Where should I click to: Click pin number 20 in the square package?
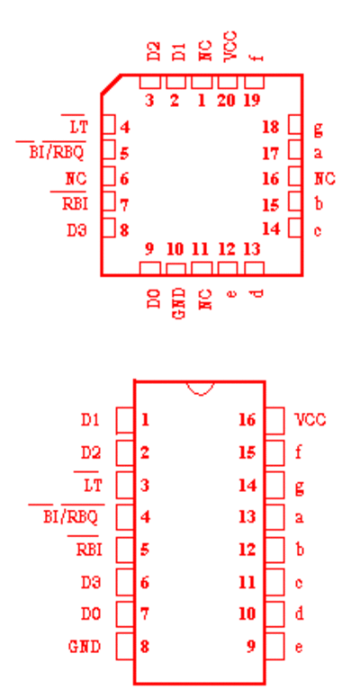(x=226, y=101)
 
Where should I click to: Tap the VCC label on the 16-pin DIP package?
(x=310, y=420)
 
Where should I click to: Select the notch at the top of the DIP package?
(x=200, y=389)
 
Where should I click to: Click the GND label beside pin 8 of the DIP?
(x=85, y=647)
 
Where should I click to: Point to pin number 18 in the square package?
(x=270, y=128)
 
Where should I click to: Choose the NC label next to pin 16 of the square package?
(x=325, y=179)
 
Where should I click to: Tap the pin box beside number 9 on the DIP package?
(x=275, y=647)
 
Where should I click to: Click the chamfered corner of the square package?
(x=111, y=85)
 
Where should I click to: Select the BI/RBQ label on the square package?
(x=56, y=153)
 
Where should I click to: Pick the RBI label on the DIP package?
(x=89, y=550)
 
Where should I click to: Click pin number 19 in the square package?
(x=252, y=101)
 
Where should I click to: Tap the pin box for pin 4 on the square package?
(x=109, y=124)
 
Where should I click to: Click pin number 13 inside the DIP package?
(x=247, y=517)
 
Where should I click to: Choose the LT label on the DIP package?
(x=92, y=485)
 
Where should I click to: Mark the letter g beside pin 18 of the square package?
(x=318, y=129)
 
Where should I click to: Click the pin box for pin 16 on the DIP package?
(x=275, y=420)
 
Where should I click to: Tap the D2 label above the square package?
(x=153, y=52)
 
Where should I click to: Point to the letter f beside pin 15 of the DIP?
(x=299, y=452)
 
